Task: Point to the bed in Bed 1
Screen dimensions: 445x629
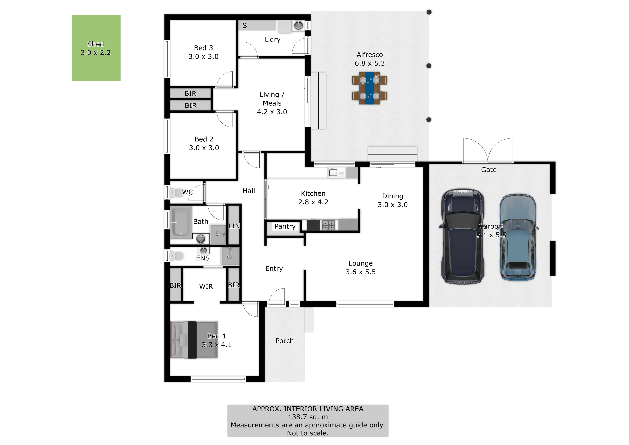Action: (x=194, y=340)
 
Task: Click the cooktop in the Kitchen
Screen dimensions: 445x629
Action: (x=328, y=225)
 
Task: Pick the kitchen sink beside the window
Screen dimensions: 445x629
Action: (x=333, y=172)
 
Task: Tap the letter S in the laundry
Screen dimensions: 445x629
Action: (x=245, y=26)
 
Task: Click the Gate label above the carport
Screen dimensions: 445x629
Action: (x=489, y=170)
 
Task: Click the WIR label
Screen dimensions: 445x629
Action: (x=206, y=287)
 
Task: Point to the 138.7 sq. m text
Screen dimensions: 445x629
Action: (x=308, y=417)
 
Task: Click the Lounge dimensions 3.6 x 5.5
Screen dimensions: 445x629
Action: (x=361, y=272)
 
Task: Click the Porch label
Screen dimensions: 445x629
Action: (x=284, y=341)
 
